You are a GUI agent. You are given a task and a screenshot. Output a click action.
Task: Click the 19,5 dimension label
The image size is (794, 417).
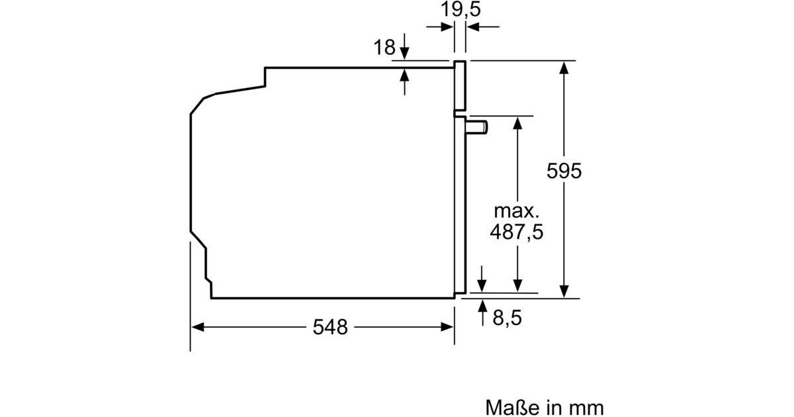tap(461, 9)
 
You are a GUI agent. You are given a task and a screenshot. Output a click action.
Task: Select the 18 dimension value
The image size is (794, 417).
tap(384, 47)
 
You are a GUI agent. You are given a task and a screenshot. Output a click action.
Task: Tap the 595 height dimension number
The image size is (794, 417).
tap(564, 171)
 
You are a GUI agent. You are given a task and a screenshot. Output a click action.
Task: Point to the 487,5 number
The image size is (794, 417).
tap(517, 232)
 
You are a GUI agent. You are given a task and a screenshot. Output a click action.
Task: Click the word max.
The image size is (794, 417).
tap(517, 211)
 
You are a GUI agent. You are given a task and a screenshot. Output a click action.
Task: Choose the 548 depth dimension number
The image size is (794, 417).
tap(330, 327)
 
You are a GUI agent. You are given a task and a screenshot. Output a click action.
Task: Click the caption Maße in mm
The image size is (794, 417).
tap(544, 408)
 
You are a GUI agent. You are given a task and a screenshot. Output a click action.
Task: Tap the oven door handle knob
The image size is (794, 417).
tap(477, 127)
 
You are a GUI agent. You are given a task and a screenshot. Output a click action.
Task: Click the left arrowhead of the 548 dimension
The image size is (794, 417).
tap(197, 327)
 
